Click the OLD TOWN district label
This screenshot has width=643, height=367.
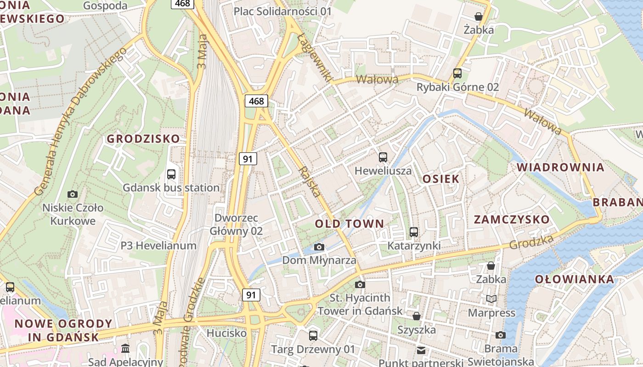coord(349,224)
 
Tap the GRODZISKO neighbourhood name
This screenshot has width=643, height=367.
coord(143,139)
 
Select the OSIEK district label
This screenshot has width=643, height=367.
coord(440,179)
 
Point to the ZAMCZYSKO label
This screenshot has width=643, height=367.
coord(512,219)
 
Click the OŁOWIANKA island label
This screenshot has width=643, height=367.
coord(574,279)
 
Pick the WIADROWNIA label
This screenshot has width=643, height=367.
coord(560,167)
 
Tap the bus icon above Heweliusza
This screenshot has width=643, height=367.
coord(383,157)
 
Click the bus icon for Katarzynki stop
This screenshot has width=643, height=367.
coord(414,232)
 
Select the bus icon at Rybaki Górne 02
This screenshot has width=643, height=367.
coord(457,73)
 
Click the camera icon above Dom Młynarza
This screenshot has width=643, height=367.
coord(319,247)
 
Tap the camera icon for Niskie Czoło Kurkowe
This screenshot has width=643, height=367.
coord(73,194)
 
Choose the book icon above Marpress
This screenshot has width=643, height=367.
coord(491,299)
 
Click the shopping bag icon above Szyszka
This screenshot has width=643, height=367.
coord(417,316)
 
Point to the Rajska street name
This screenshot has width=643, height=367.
coord(309,182)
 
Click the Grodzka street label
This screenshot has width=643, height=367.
coord(531,242)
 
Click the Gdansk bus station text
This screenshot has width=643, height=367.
coord(171,188)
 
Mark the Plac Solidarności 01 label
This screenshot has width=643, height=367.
coord(282,11)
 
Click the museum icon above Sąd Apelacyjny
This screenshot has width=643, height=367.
coord(125,349)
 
